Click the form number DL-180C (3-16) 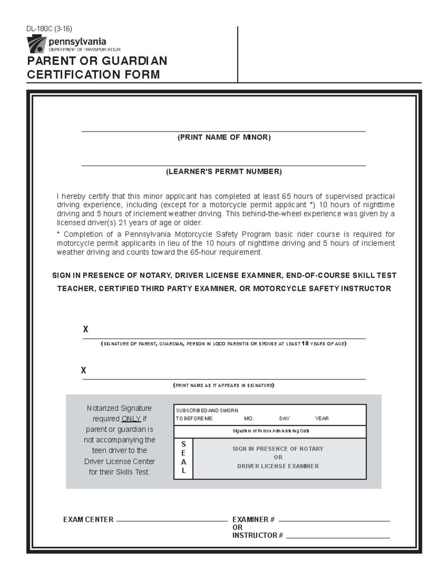click(49, 29)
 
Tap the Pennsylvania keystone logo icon click(37, 44)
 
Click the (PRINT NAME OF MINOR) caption click(224, 137)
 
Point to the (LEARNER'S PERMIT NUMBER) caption click(224, 172)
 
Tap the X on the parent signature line click(85, 329)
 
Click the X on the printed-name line click(84, 370)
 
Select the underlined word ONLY click(131, 419)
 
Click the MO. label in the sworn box click(249, 419)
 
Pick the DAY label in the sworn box click(284, 419)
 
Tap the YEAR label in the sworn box click(321, 419)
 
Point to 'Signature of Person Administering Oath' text click(271, 431)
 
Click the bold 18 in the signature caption click(305, 344)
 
